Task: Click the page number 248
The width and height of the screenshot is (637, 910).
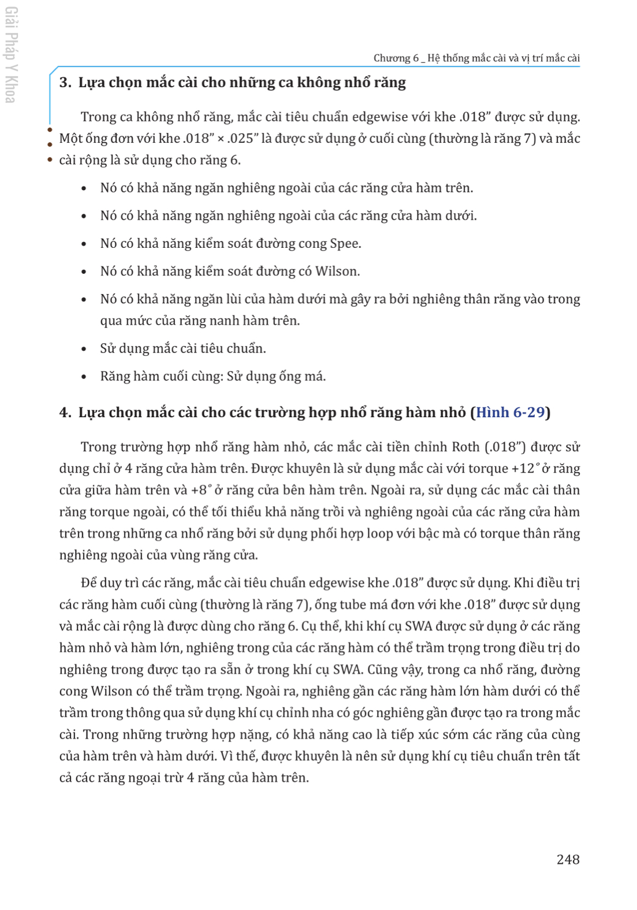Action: (x=568, y=859)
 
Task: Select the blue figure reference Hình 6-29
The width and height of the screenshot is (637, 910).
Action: (x=511, y=412)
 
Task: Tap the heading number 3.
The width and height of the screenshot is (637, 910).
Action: (x=65, y=83)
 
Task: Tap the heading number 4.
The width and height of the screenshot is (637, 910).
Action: (x=65, y=412)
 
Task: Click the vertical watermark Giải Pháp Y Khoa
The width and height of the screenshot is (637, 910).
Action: (x=11, y=55)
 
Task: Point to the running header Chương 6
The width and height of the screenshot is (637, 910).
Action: (x=396, y=58)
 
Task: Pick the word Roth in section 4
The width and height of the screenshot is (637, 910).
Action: (x=465, y=447)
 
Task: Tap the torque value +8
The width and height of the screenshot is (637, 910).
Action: (x=199, y=490)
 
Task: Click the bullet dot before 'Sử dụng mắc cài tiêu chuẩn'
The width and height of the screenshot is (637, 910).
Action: (x=84, y=349)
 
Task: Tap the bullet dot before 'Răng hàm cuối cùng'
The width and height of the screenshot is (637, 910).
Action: (x=84, y=377)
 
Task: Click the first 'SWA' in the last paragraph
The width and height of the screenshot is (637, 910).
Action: (x=418, y=626)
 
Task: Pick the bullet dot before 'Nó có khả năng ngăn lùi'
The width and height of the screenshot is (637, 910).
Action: (x=84, y=299)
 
